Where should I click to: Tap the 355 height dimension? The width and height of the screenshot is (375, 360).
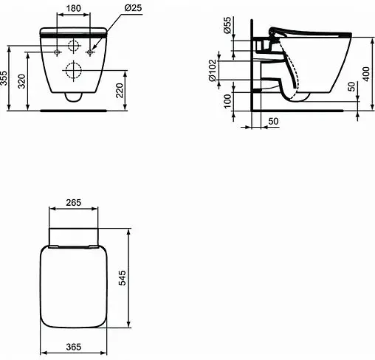5,78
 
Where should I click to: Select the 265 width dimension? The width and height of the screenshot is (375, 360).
73,203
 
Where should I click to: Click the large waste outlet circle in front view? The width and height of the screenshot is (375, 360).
73,72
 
